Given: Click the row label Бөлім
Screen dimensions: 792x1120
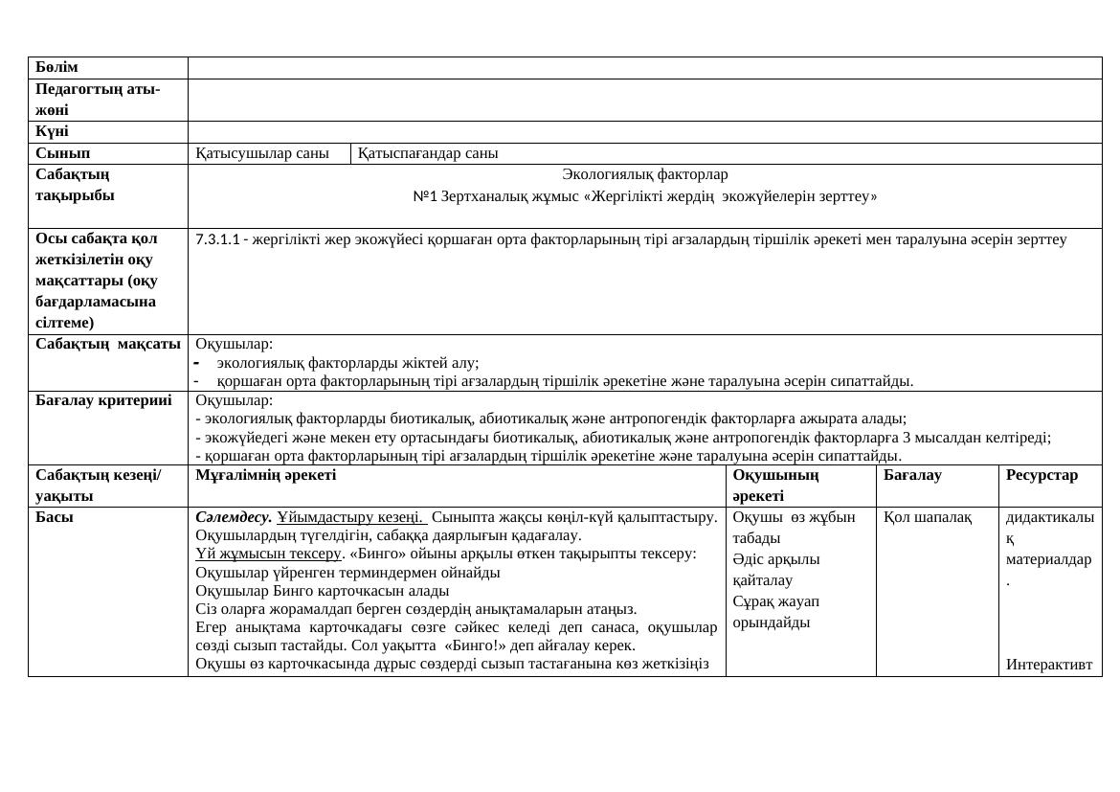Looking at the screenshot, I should (56, 68).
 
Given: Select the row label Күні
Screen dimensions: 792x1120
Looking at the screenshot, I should (52, 132).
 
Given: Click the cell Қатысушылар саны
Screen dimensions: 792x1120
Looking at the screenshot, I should (261, 153).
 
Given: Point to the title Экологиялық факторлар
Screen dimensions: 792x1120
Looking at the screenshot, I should (644, 174).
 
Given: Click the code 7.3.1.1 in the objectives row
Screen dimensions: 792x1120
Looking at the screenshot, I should (217, 239).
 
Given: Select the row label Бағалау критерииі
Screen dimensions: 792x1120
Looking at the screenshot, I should (103, 400).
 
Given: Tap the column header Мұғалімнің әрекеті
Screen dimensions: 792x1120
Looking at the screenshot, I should (265, 475).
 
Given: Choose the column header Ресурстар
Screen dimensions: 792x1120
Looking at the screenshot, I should (1042, 475).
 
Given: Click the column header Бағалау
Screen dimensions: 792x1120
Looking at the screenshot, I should (912, 475).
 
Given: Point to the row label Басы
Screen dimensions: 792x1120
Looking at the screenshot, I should (55, 517).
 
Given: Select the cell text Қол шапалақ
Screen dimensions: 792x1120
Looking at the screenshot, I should (928, 517).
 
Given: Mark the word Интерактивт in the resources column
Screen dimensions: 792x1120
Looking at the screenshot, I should (1049, 665).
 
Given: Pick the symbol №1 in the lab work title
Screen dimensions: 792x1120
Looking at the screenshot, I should (422, 197).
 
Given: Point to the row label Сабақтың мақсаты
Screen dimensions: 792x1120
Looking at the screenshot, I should (108, 344).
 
